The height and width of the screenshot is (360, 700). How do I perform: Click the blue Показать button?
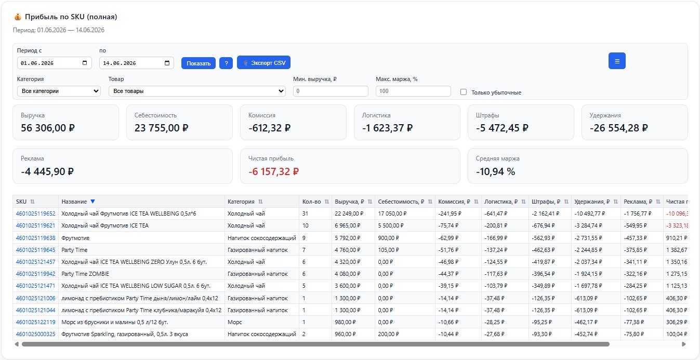tap(199, 63)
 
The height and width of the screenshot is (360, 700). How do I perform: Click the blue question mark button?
tap(226, 63)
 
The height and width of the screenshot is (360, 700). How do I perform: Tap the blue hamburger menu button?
tap(617, 61)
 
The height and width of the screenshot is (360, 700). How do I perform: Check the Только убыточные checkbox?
tap(464, 92)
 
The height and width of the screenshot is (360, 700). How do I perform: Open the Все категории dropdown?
tap(59, 91)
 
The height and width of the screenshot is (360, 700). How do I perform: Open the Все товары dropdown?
tap(197, 91)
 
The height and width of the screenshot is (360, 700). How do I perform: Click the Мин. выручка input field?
tap(331, 91)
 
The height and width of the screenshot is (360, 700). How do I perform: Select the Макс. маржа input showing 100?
tap(413, 91)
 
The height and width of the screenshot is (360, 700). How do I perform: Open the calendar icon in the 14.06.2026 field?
tap(167, 63)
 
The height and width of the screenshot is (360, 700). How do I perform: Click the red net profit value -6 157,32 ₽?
tap(273, 171)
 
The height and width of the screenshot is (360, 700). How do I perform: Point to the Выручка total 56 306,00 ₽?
tap(47, 128)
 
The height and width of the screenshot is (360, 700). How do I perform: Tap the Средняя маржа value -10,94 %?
tap(495, 171)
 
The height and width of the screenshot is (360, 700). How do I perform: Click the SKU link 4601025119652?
tap(36, 214)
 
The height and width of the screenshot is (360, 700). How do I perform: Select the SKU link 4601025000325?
tap(36, 334)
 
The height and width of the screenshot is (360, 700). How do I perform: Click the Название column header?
tap(74, 202)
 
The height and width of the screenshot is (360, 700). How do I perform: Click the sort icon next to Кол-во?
tap(326, 202)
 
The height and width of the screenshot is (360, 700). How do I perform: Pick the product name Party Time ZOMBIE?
tap(85, 274)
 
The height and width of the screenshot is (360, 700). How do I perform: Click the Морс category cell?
tap(235, 322)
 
